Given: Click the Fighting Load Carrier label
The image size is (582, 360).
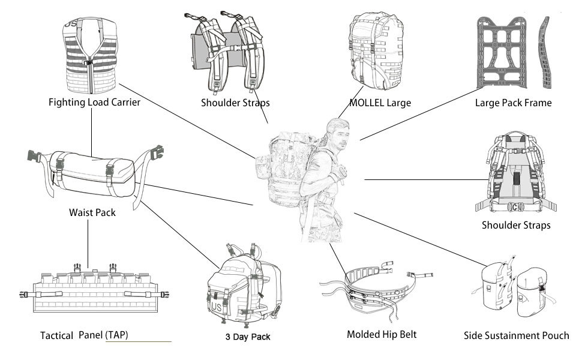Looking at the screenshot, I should click(94, 102).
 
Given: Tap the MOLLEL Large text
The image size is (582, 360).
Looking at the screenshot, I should click(380, 103).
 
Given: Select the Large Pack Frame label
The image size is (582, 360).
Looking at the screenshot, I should click(513, 103).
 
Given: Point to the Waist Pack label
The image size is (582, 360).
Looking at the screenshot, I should click(92, 212).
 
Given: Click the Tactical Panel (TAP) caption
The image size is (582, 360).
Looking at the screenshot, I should click(84, 335).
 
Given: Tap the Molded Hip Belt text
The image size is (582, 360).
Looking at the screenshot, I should click(382, 334).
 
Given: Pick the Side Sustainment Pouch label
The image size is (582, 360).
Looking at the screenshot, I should click(517, 335).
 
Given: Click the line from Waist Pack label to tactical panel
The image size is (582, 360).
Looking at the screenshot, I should click(88, 243).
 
